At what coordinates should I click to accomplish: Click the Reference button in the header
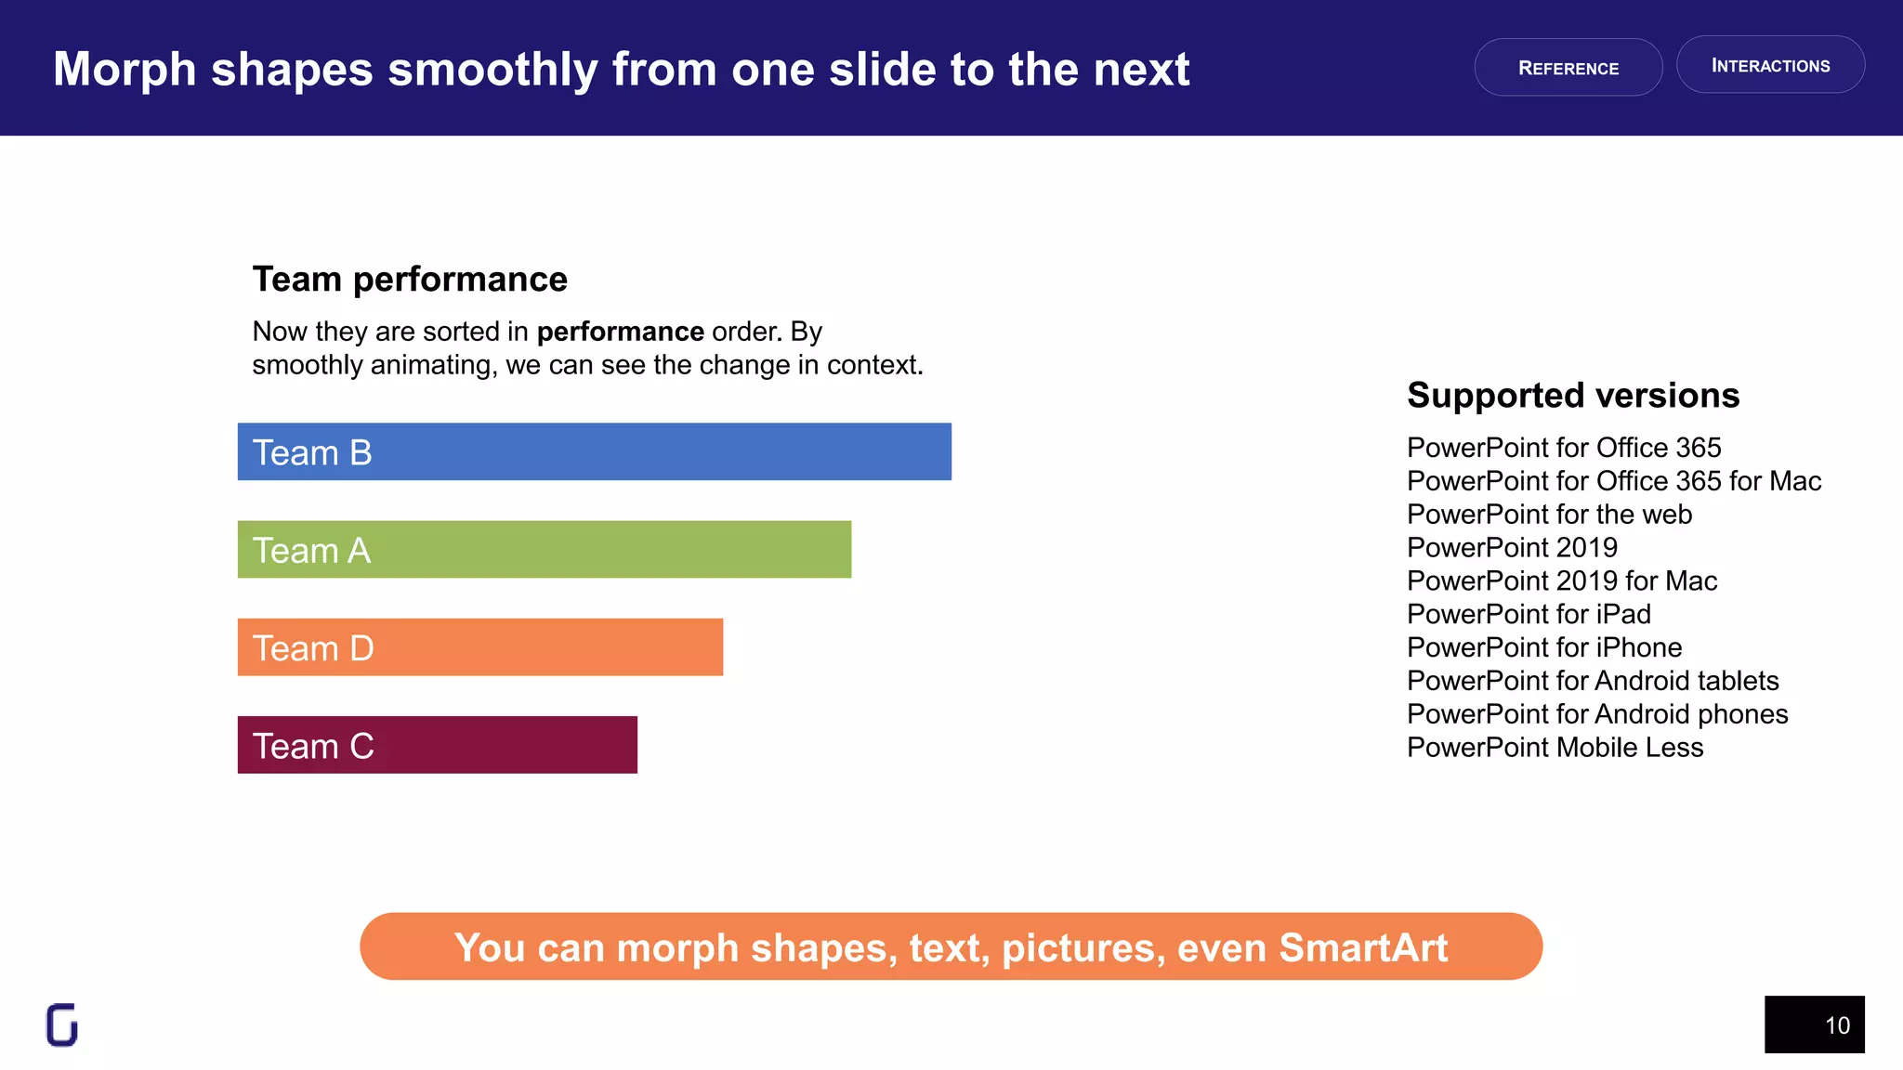[1568, 68]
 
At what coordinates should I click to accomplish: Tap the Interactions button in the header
[1770, 65]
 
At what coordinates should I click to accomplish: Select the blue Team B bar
[594, 452]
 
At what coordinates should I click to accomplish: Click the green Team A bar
[544, 550]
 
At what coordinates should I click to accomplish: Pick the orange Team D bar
[479, 647]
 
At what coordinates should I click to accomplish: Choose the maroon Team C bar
[437, 745]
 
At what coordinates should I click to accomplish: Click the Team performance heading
[410, 280]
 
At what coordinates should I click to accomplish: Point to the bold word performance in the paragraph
[620, 332]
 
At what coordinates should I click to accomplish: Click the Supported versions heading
[1572, 396]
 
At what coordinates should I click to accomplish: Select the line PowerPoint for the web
[1549, 515]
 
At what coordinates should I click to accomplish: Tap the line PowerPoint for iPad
[1529, 614]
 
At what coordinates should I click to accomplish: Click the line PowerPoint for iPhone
[1543, 647]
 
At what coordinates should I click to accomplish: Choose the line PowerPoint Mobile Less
[1555, 748]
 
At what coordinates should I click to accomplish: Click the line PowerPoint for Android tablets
[1592, 681]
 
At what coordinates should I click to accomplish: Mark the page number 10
[1836, 1025]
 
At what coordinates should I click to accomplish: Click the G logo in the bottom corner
[62, 1024]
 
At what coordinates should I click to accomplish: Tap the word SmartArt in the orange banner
[1362, 947]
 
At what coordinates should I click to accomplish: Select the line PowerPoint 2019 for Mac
[1561, 581]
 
